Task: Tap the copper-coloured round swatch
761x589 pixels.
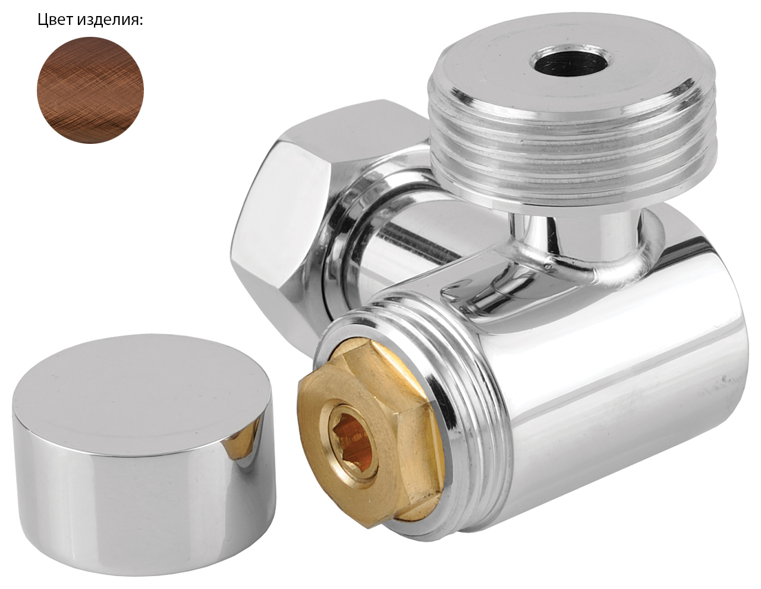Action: point(90,90)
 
